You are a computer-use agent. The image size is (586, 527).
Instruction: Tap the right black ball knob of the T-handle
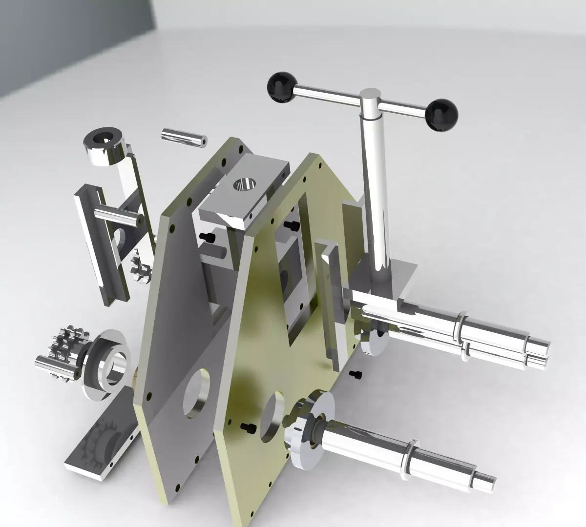(442, 114)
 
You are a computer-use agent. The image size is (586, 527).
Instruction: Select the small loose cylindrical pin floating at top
(184, 137)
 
